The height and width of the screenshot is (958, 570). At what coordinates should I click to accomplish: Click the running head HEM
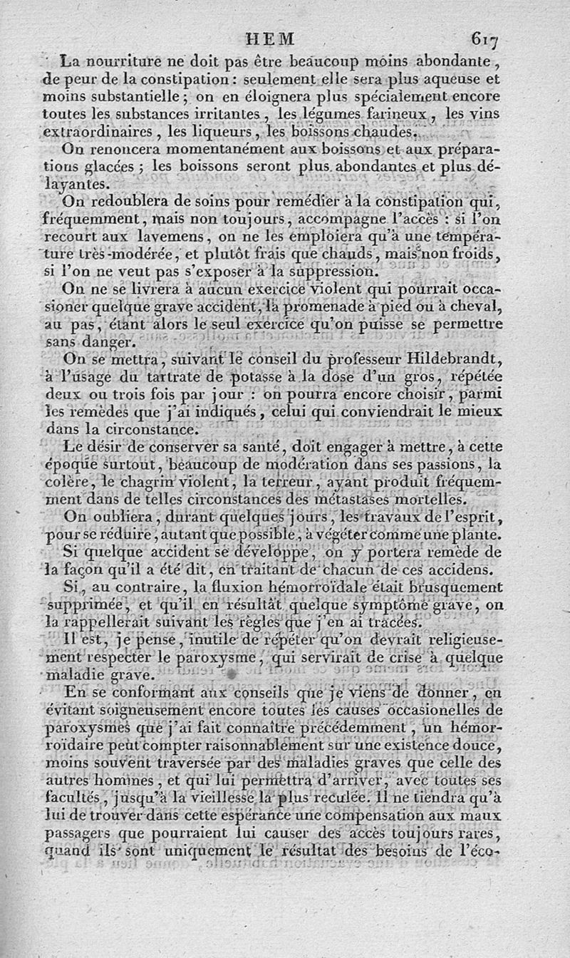click(269, 39)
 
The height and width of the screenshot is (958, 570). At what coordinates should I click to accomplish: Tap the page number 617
click(484, 39)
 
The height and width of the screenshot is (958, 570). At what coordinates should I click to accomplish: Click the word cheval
click(479, 307)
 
